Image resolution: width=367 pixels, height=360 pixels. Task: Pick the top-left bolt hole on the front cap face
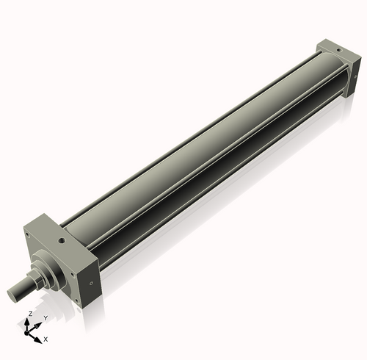(28, 236)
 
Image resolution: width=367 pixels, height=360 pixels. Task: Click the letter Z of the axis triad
(29, 314)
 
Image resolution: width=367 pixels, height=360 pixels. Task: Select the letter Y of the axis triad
(45, 317)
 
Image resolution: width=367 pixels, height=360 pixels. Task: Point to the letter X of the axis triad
(46, 339)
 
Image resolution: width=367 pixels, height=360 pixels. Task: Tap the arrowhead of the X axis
(39, 337)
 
